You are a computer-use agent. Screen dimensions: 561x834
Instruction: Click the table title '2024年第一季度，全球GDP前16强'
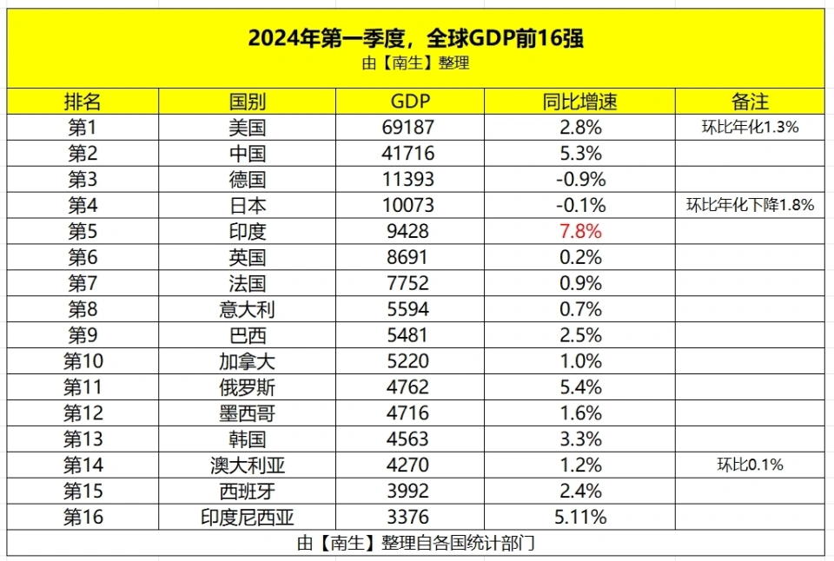[x=415, y=38]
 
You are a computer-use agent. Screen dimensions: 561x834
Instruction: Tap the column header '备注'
[x=750, y=102]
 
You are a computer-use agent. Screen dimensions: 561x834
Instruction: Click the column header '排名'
[x=83, y=102]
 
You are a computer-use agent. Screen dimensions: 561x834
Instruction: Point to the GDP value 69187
[x=407, y=128]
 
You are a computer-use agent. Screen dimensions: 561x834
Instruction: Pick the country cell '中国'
[x=247, y=154]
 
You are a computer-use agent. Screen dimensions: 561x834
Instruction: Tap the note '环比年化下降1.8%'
[x=750, y=206]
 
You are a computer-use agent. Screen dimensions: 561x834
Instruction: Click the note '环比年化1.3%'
[x=750, y=128]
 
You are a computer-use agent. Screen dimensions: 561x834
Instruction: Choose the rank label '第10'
[x=83, y=360]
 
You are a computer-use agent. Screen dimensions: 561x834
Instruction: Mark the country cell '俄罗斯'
[x=247, y=386]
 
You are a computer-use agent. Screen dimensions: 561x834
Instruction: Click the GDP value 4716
[x=407, y=412]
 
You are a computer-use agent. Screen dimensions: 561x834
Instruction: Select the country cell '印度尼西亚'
[x=247, y=518]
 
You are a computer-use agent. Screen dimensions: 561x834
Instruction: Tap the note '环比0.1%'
[x=750, y=465]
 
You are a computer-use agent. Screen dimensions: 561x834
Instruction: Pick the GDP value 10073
[x=407, y=206]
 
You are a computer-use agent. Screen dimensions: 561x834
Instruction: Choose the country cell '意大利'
[x=247, y=309]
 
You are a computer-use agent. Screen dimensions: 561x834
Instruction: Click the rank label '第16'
[x=83, y=518]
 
